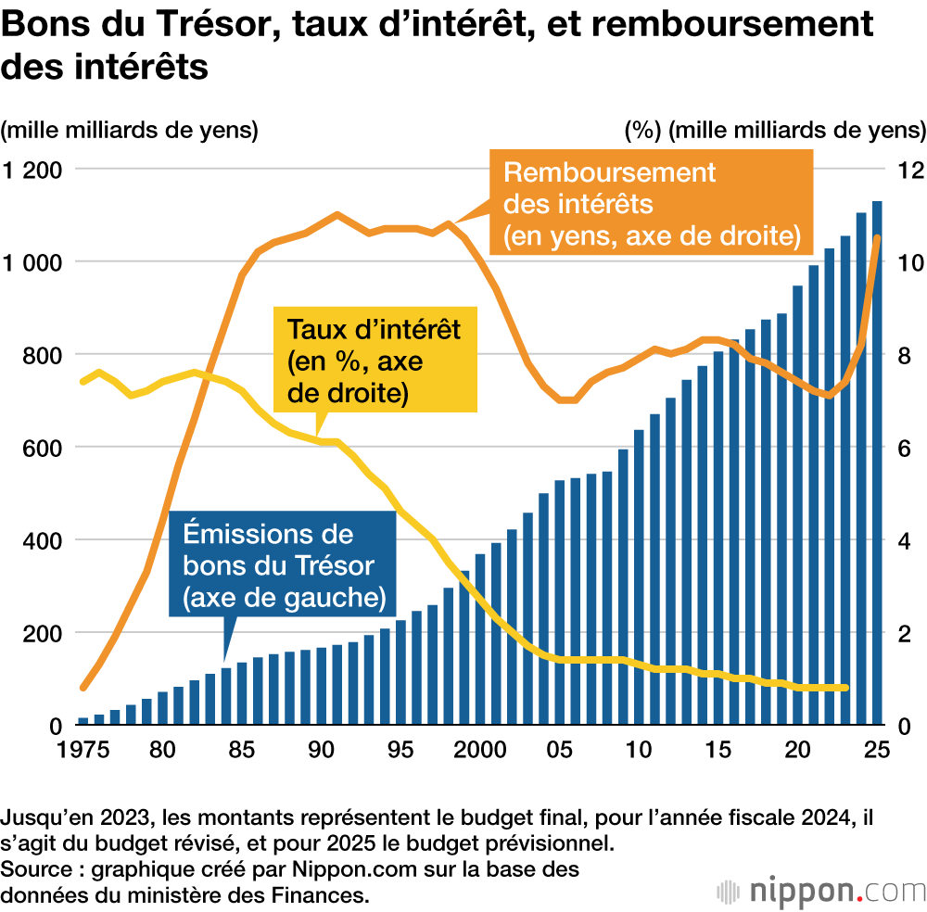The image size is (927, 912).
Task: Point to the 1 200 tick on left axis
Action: coord(32,170)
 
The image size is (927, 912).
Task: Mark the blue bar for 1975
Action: coord(83,720)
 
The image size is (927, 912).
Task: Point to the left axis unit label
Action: coord(130,130)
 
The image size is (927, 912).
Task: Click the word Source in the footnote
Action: coord(38,869)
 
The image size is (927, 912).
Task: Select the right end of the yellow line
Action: coord(844,688)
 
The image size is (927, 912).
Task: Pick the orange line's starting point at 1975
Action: coord(83,688)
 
